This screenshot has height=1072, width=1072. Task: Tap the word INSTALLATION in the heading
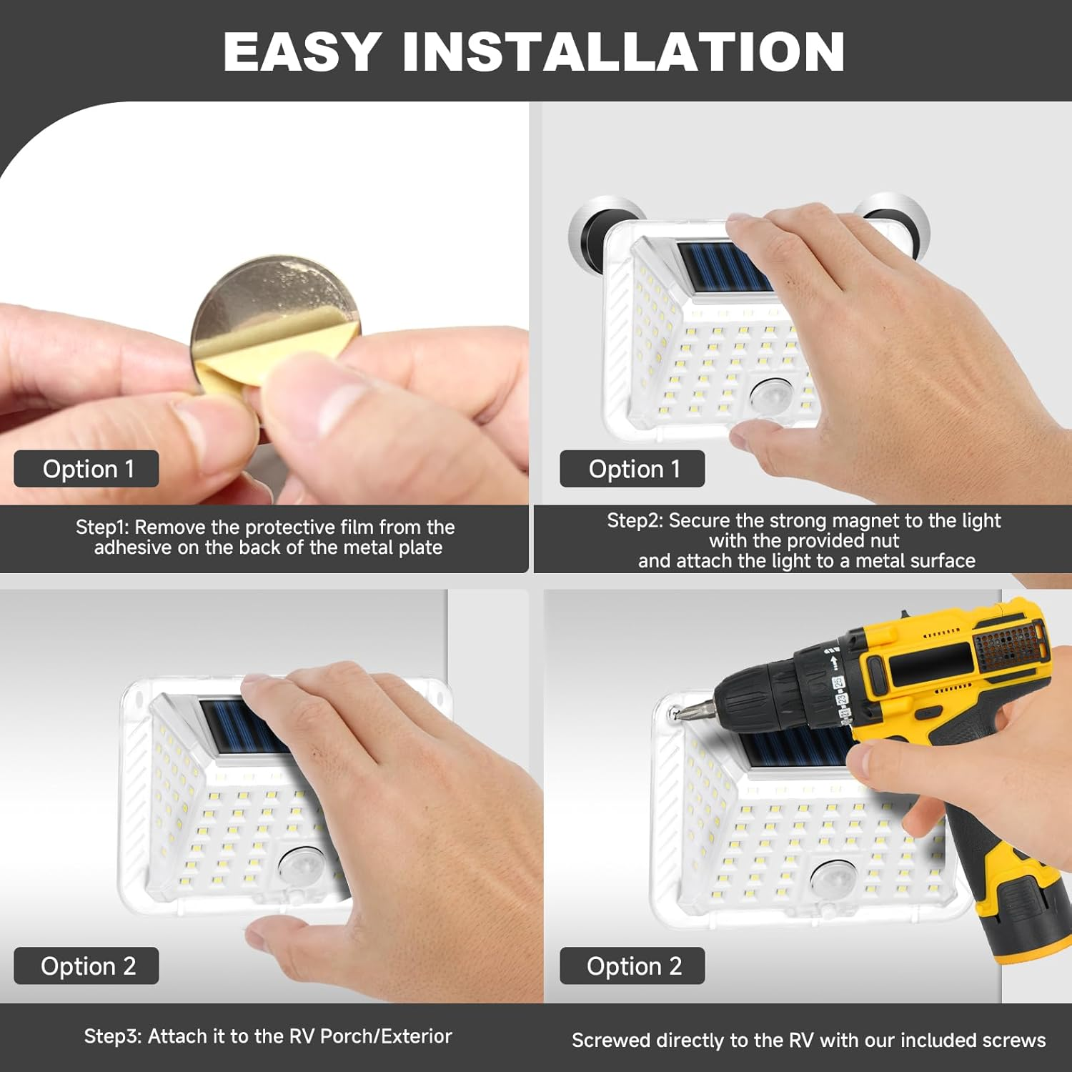[624, 51]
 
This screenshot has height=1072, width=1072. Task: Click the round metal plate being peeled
[275, 314]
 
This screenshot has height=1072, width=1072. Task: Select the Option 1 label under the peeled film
[86, 469]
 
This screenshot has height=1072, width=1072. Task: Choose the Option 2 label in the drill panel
[632, 966]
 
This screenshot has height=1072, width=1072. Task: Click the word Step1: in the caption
[102, 527]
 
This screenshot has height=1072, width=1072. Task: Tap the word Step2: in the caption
[635, 520]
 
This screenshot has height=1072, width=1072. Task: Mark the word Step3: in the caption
[113, 1036]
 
